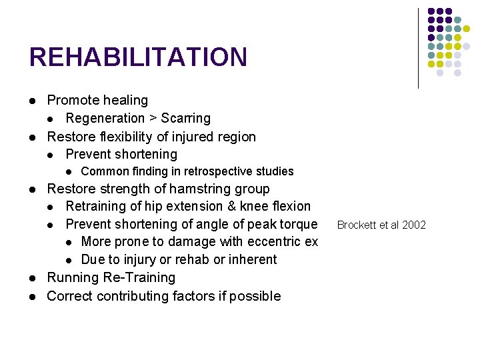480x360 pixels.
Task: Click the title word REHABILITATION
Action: coord(138,57)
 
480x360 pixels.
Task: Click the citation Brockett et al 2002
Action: coord(381,225)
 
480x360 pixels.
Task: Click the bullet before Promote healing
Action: coord(33,101)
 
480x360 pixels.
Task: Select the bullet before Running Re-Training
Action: coord(33,278)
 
